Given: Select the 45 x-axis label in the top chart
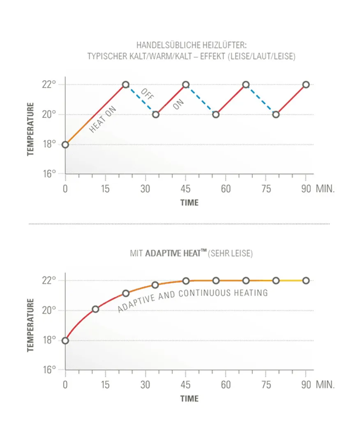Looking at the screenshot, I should (186, 189).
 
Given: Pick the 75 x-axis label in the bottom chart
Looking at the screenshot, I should (266, 385).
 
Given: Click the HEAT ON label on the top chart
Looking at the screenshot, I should (103, 120).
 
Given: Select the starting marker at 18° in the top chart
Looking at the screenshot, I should (65, 144).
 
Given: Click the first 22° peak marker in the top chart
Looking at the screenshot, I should (126, 85).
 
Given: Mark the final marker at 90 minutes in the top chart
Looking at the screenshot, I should (306, 85).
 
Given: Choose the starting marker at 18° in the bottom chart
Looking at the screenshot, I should (65, 340).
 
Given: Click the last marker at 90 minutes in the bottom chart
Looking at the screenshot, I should (306, 280).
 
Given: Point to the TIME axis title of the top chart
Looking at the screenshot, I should (189, 203).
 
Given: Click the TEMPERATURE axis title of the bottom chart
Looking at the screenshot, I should (30, 325).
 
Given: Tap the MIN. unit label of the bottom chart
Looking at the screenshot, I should (325, 385).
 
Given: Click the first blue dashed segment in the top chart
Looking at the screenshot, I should (141, 99).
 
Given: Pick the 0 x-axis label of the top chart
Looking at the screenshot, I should (65, 189).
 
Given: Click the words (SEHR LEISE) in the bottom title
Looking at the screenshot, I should (230, 254).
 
